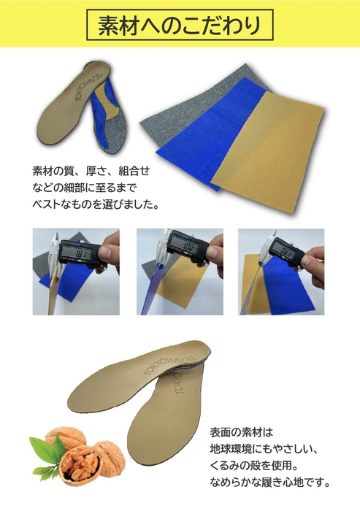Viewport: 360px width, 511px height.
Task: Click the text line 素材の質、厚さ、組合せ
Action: (91, 171)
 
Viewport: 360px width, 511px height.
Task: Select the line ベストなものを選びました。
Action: (96, 204)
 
